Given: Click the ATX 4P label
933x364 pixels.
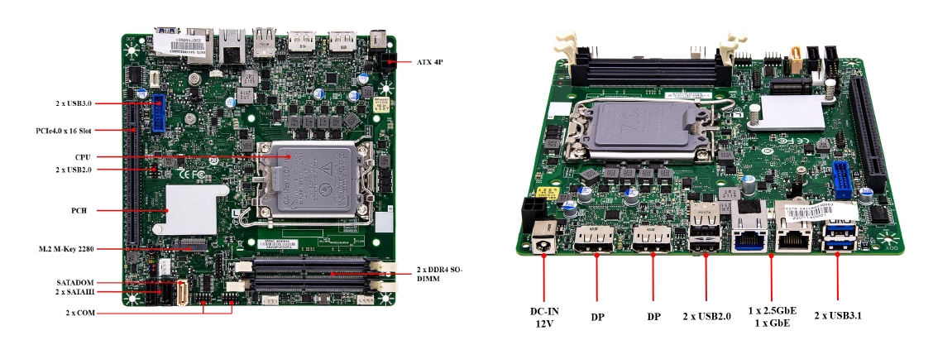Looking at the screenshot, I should (429, 62).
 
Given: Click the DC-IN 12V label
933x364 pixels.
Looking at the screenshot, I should (544, 317).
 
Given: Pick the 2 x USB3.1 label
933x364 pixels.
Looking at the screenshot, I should (838, 315).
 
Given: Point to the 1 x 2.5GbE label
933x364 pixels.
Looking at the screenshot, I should (771, 310).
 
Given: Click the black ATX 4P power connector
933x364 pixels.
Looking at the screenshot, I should (383, 62).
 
